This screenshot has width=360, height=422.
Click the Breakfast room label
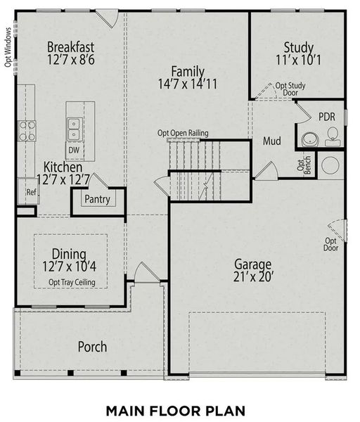[x=70, y=47]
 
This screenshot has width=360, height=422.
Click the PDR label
[x=326, y=116]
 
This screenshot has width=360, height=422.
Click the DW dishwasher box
[x=73, y=150]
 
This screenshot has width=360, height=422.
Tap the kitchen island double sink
[x=73, y=128]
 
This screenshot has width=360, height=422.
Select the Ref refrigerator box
[x=31, y=191]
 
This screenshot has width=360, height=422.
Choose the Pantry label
[x=96, y=200]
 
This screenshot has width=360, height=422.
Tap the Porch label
[x=92, y=347]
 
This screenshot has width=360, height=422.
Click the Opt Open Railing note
[x=182, y=133]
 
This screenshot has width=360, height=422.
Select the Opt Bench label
[x=303, y=167]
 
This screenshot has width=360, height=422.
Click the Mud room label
[x=272, y=141]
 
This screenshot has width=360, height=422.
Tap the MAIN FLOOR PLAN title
[x=179, y=409]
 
